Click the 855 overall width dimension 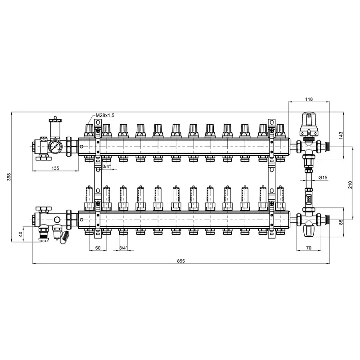(181, 261)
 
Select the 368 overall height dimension (9, 177)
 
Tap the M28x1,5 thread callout (105, 115)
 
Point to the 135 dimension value (55, 168)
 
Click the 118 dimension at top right (309, 99)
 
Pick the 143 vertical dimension (341, 135)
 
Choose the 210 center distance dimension (350, 184)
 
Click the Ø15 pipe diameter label (323, 177)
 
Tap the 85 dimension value (341, 222)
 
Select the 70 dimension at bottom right (309, 248)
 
